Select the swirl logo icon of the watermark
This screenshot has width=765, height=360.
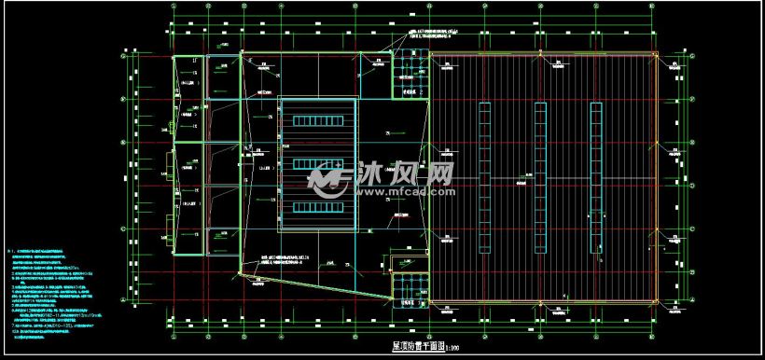coord(329,178)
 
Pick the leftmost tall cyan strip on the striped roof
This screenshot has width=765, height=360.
coord(484,177)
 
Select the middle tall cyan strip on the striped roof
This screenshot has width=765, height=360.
coord(540,177)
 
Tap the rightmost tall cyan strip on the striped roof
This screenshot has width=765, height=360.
coord(594,177)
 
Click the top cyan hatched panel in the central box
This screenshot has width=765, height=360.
coord(317,120)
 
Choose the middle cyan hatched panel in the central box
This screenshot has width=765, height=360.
coord(317,163)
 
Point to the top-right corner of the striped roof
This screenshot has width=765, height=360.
coord(656,53)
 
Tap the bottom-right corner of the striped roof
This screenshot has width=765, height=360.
coord(656,301)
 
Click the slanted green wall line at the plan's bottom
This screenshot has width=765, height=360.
coord(317,279)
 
